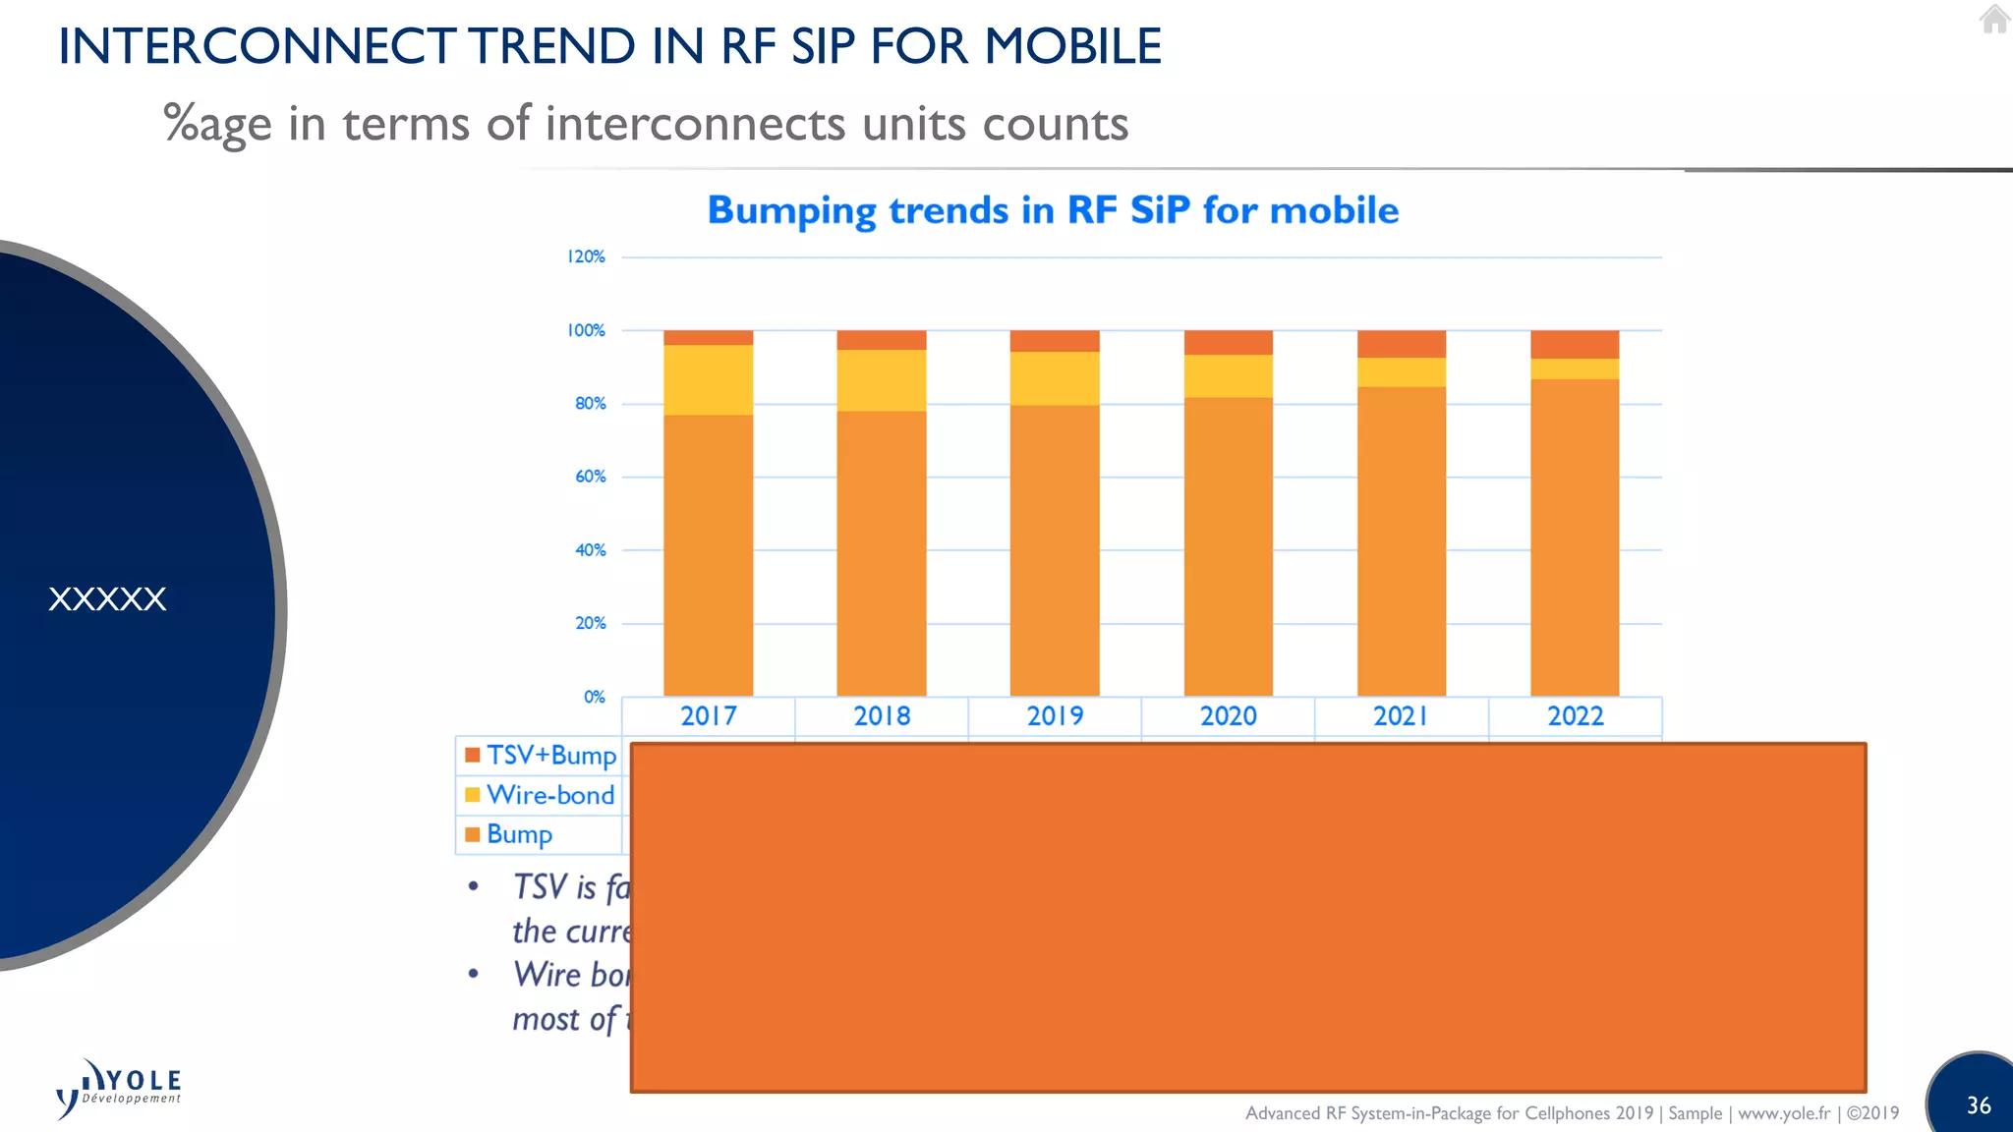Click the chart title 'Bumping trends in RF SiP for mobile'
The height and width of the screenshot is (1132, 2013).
coord(1053,211)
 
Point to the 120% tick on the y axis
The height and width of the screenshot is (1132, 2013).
coord(586,256)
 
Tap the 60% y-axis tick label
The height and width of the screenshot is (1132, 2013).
coord(590,477)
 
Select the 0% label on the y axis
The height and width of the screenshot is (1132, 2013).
coord(594,697)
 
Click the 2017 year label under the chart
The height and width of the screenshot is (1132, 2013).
coord(709,716)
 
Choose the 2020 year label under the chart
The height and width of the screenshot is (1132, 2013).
coord(1228,716)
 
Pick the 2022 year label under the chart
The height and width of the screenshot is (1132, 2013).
coord(1575,716)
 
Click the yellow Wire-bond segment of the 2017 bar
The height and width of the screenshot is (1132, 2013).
coord(708,380)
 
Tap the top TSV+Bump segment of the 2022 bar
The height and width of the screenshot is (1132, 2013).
coord(1575,344)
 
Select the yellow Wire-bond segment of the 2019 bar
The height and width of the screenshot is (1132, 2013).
coord(1055,378)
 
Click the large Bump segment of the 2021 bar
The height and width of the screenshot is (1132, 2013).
coord(1402,540)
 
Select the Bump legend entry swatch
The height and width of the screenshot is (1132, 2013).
coord(473,834)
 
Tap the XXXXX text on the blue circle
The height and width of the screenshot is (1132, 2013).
coord(107,599)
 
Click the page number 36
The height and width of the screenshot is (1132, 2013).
coord(1979,1105)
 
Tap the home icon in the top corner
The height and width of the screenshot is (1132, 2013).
coord(1994,19)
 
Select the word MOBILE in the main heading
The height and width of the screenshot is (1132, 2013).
coord(1073,46)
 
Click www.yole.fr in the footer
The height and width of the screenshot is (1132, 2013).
coord(1784,1113)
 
